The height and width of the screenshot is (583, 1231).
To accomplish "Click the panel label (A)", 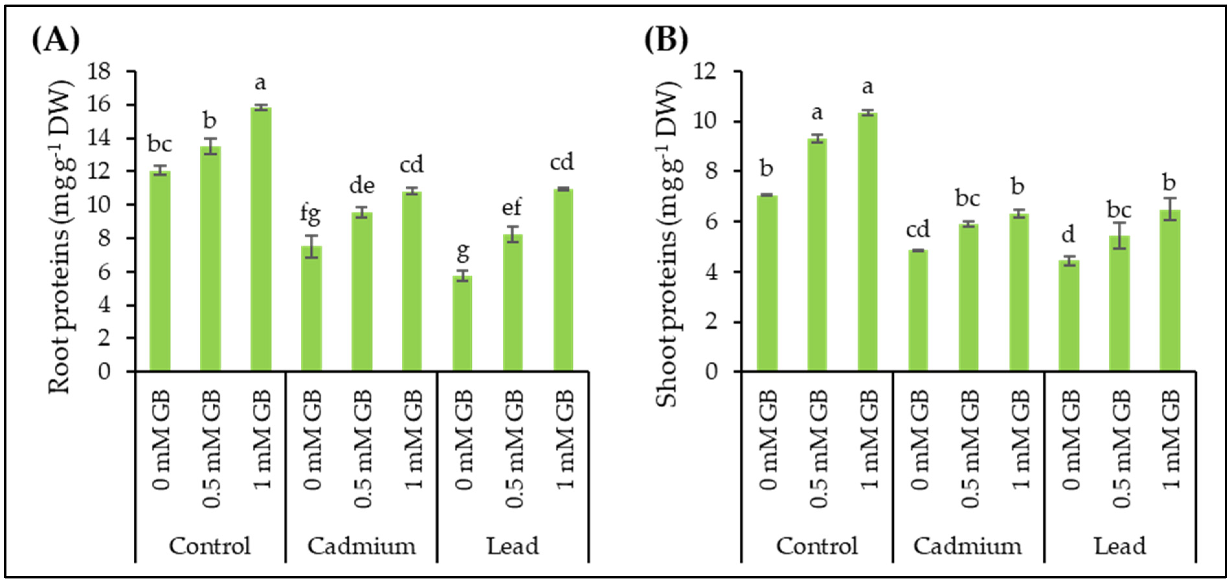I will pos(55,40).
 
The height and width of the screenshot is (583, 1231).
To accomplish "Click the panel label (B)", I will pos(666,40).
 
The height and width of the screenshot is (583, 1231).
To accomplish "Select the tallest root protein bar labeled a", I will pos(261,239).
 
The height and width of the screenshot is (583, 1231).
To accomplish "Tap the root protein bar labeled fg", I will pos(311,308).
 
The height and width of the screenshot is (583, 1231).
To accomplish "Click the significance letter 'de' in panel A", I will pos(362,185).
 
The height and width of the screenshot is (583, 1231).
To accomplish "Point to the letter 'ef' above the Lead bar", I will pos(511,207).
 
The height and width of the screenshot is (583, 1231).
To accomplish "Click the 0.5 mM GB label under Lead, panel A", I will pos(514,448).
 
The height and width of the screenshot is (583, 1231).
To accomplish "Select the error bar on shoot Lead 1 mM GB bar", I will pos(1170,209).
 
